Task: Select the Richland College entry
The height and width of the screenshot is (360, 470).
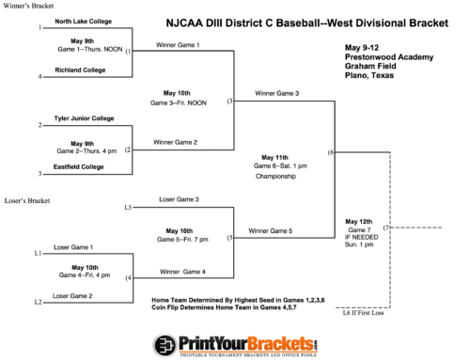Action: click(x=79, y=70)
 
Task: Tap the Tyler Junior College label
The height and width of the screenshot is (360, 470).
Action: click(x=85, y=118)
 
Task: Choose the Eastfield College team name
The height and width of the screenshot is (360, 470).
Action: click(x=81, y=166)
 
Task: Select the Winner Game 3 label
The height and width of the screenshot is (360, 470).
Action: click(x=276, y=93)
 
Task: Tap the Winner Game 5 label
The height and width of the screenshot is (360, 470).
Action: click(x=271, y=230)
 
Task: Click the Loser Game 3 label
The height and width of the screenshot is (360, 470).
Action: click(x=178, y=199)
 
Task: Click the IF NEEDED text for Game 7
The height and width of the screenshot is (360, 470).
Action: click(x=361, y=237)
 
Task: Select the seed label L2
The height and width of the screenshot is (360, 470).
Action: click(x=38, y=302)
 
